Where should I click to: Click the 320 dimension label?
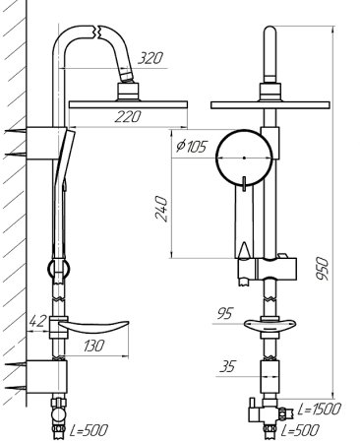[x=150, y=58]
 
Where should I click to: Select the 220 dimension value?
[x=128, y=116]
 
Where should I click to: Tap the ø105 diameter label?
[x=192, y=146]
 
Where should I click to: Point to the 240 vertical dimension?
[x=161, y=209]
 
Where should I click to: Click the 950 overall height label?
[x=322, y=268]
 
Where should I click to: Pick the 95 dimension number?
[x=224, y=313]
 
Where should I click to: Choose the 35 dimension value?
[x=227, y=366]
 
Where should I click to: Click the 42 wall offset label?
[x=37, y=321]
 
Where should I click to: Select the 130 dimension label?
[x=93, y=346]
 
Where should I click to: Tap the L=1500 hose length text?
[x=320, y=409]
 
